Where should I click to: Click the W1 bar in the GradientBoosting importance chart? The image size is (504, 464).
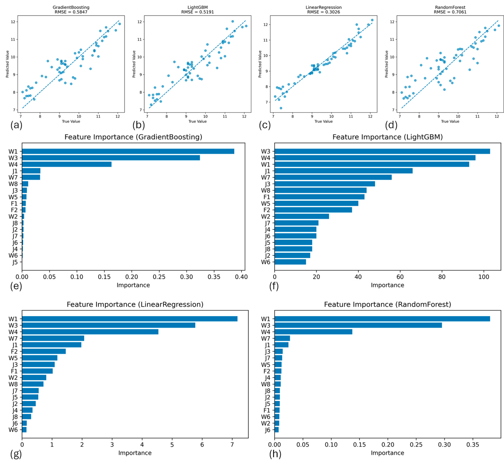[x=128, y=151]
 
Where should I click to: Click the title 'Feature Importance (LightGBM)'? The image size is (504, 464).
[x=387, y=137]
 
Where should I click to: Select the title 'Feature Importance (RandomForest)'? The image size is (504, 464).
[x=387, y=304]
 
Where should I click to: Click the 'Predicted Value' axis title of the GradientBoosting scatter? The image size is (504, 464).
[x=8, y=64]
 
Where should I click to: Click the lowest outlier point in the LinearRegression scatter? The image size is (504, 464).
[x=281, y=108]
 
